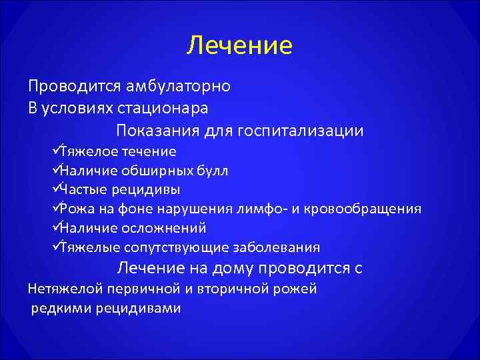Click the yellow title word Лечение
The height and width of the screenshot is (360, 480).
(239, 45)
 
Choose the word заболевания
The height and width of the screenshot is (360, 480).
(276, 248)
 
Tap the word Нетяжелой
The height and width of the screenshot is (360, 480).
(67, 289)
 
